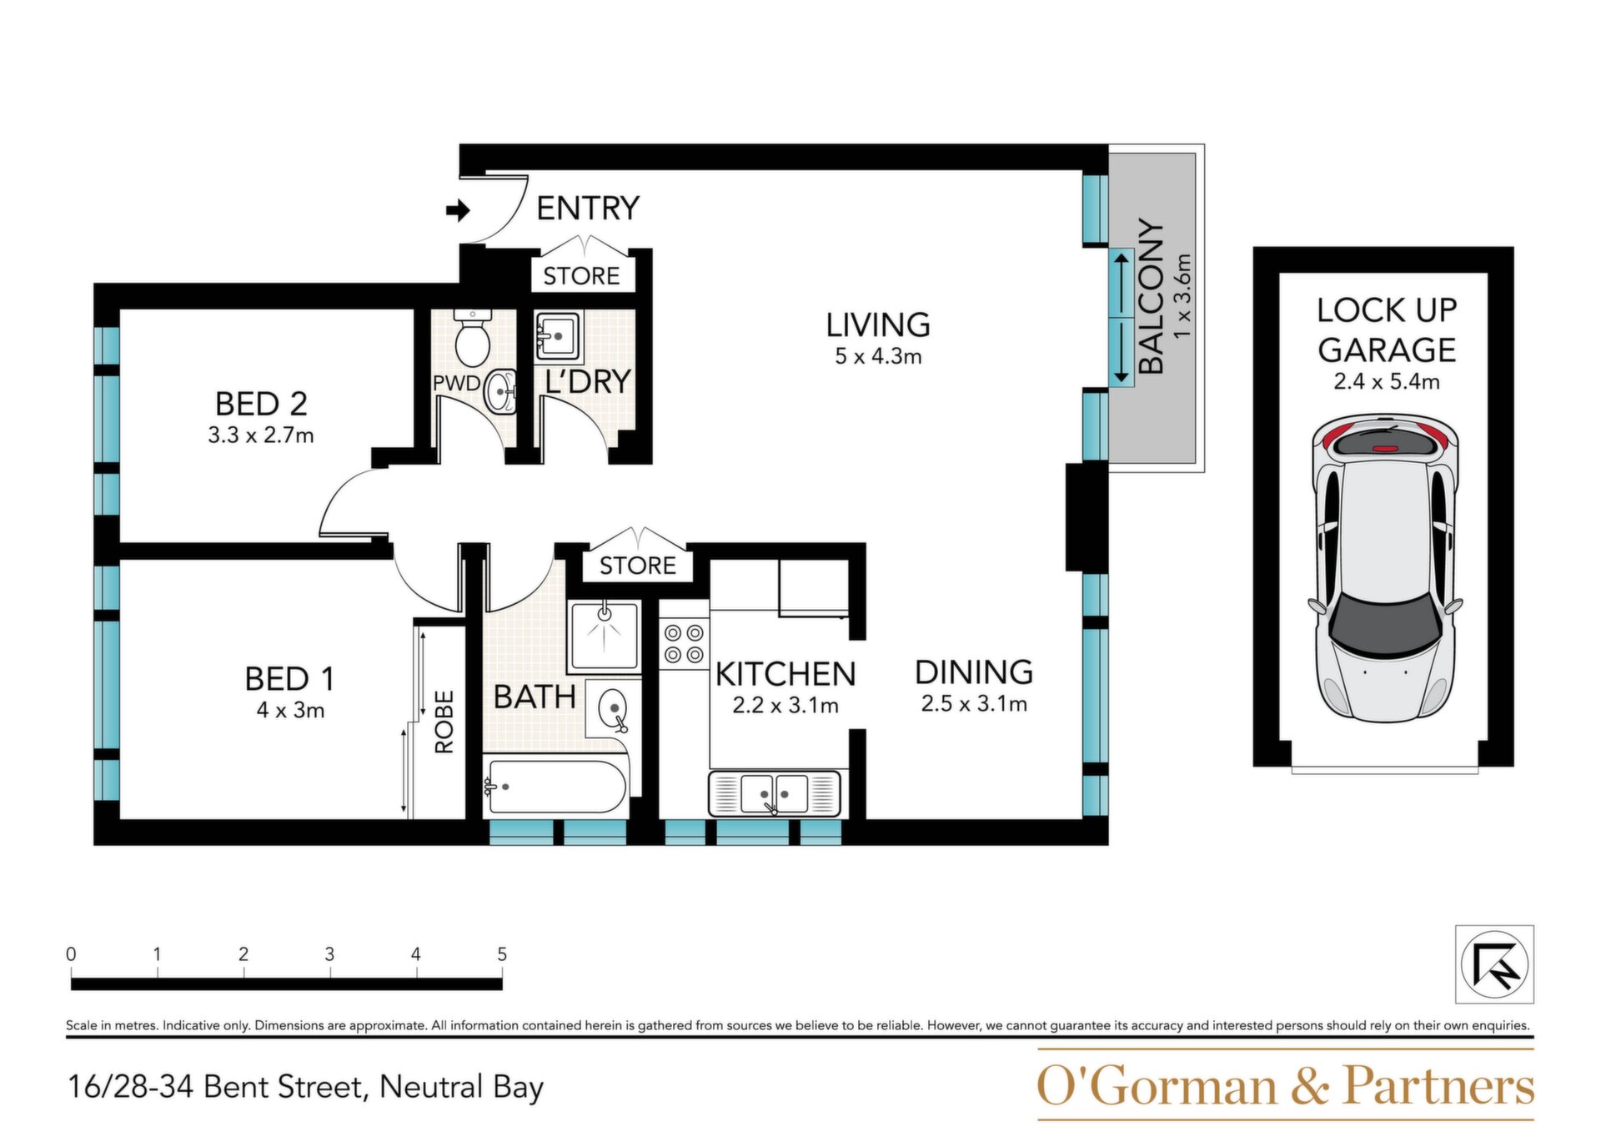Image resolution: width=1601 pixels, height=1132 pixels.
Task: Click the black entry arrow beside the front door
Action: (x=458, y=211)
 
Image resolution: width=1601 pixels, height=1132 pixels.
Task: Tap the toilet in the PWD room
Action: (x=473, y=338)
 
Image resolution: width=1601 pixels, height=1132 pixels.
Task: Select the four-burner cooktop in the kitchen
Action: (x=684, y=643)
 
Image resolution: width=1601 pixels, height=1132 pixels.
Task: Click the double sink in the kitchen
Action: (x=774, y=793)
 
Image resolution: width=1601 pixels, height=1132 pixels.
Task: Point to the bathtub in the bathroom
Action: (x=557, y=786)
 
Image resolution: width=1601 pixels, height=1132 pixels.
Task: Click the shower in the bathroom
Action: (x=604, y=636)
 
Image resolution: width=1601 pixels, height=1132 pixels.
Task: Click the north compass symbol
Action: (x=1494, y=964)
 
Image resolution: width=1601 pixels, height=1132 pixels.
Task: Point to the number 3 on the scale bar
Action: (x=329, y=953)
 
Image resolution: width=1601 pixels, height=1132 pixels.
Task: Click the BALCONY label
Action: (x=1151, y=297)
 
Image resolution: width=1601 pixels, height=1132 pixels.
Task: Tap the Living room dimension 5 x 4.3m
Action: (x=878, y=356)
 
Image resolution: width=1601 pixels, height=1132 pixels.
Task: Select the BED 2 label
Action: (x=261, y=404)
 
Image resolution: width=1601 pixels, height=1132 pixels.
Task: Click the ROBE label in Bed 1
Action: (x=444, y=722)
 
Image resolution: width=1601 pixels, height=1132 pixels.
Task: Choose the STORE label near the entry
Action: (x=581, y=276)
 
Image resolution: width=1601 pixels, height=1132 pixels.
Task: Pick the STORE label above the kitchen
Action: (x=638, y=566)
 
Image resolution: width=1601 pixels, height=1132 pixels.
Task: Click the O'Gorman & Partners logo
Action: (x=1285, y=1085)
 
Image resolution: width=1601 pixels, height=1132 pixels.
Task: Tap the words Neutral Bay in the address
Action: (x=461, y=1087)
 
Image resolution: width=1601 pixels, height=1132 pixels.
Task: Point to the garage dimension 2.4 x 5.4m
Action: (x=1386, y=381)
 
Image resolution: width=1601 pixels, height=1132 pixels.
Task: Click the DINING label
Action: (x=974, y=672)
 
